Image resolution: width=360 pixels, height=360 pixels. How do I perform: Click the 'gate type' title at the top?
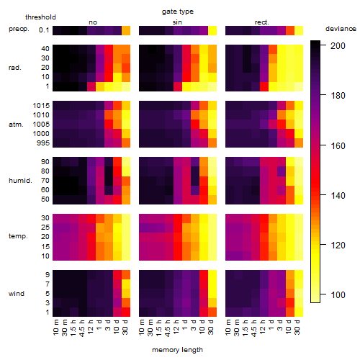178,12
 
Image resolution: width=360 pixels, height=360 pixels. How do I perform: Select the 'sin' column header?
177,22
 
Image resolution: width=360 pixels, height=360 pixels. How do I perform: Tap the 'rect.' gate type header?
261,22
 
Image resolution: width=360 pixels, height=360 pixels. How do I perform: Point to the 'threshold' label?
40,17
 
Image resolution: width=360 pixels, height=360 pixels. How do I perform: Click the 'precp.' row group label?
19,29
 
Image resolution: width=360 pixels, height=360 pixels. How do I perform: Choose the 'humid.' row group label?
20,180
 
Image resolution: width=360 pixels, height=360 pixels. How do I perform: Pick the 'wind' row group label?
17,293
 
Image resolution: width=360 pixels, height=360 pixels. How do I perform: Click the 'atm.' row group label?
16,125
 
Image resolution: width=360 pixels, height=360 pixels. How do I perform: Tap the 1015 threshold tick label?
41,105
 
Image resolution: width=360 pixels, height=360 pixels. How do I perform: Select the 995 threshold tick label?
43,143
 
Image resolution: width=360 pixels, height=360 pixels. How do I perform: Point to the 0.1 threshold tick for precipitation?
44,30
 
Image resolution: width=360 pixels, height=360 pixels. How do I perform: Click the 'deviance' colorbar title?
341,29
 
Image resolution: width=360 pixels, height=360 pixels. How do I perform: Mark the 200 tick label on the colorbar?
338,45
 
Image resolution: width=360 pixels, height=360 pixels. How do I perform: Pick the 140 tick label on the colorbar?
338,195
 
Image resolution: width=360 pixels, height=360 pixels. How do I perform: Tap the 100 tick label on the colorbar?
338,294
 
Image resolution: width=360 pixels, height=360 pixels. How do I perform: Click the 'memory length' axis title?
178,350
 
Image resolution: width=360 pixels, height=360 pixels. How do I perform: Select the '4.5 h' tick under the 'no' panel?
81,328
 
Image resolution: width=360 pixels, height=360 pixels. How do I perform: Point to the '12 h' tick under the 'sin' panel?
176,326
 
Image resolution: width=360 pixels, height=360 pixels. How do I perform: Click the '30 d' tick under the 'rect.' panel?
297,327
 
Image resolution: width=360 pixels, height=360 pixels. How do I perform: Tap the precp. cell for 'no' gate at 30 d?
126,31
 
